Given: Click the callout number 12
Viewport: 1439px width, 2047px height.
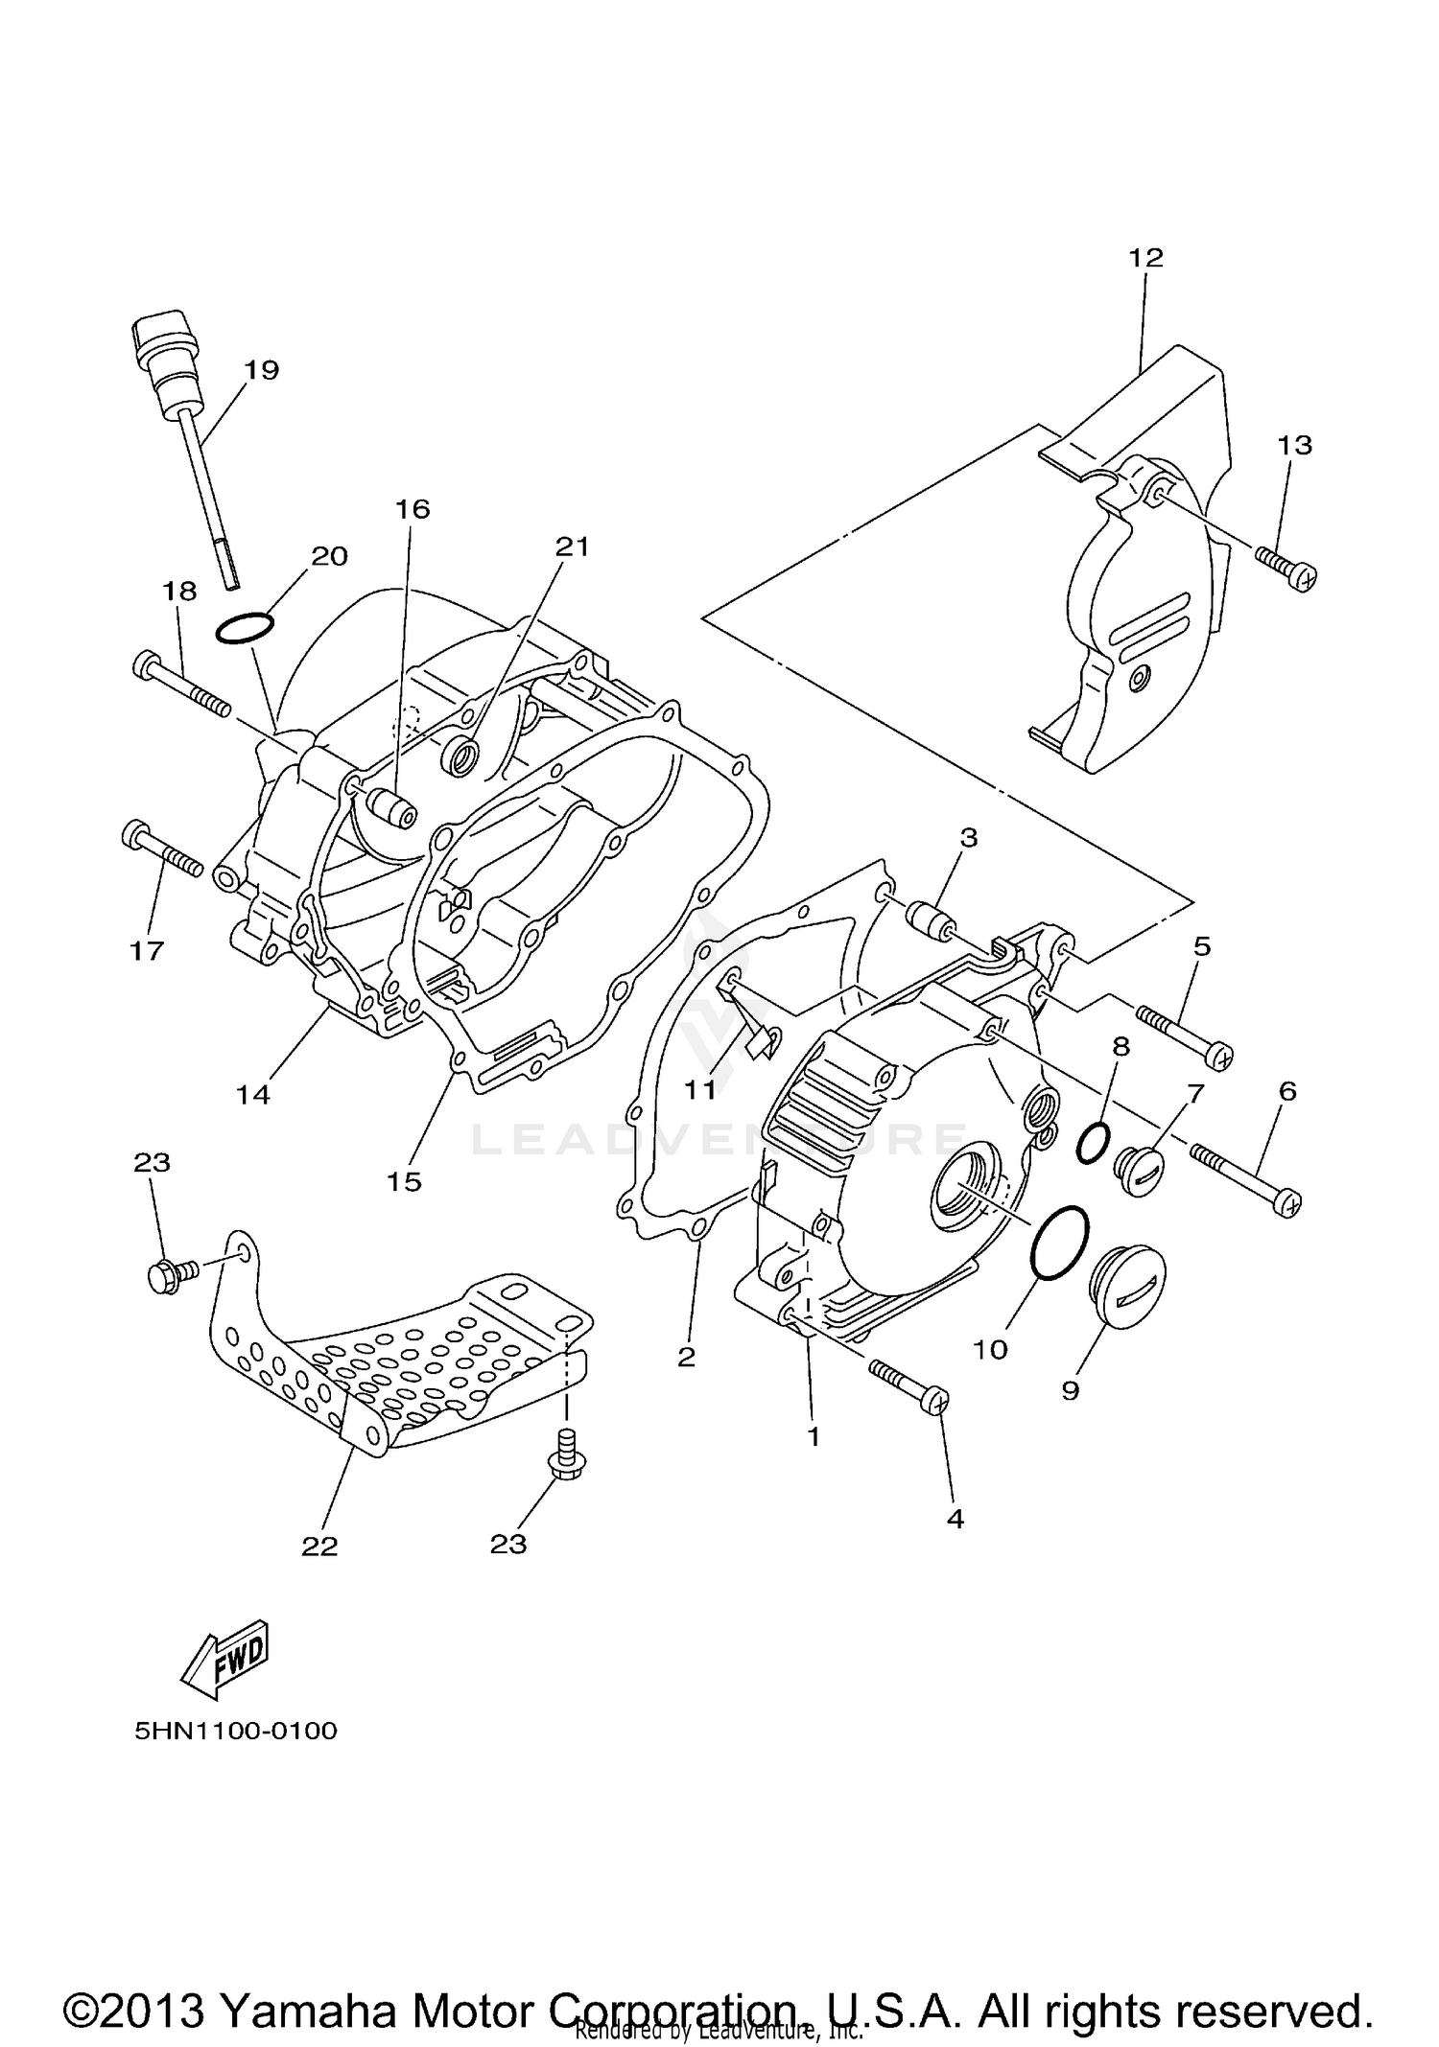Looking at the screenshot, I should click(x=1145, y=258).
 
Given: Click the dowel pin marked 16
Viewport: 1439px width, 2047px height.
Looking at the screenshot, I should click(x=393, y=804).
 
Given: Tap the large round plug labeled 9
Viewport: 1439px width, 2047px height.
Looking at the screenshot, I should click(x=1132, y=1291).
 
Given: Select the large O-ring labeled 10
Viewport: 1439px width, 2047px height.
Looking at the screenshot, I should click(x=1061, y=1242).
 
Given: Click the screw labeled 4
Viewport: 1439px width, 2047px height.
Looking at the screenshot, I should click(x=910, y=1384).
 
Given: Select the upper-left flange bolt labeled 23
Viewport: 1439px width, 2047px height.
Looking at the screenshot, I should click(x=172, y=1274).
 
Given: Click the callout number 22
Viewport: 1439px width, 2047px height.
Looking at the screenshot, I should click(x=319, y=1547).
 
